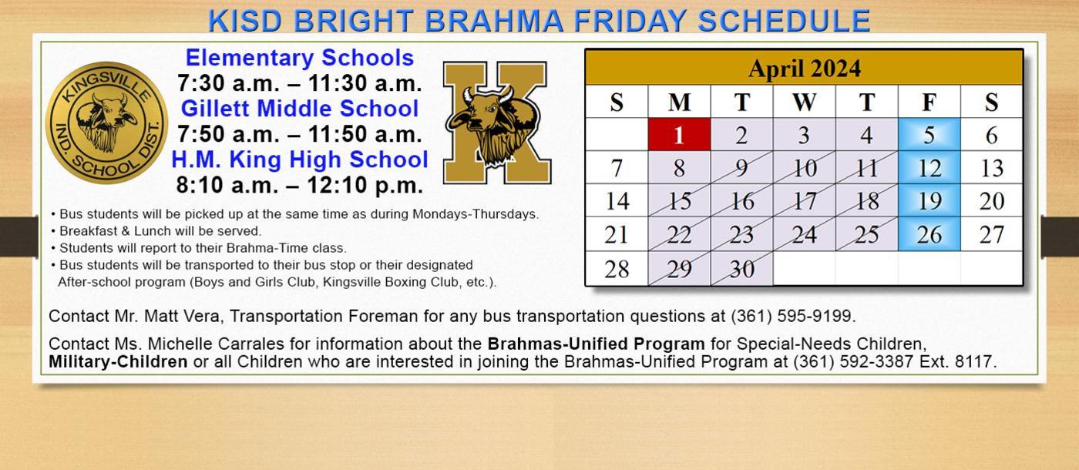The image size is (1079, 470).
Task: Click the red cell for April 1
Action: click(x=678, y=135)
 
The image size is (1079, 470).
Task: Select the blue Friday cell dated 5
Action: click(x=929, y=135)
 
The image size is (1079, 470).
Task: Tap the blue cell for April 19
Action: click(x=929, y=201)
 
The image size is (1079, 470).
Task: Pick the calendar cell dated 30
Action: click(x=741, y=269)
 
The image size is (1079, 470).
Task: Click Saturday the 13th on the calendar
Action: click(x=991, y=168)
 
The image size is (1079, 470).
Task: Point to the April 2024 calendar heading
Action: click(x=804, y=69)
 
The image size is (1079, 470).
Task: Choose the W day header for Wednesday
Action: click(x=804, y=102)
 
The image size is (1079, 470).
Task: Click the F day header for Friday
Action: click(x=929, y=102)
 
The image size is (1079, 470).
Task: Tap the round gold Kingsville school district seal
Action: click(x=106, y=123)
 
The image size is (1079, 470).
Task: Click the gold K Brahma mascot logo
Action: click(x=496, y=123)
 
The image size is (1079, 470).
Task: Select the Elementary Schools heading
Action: click(x=300, y=58)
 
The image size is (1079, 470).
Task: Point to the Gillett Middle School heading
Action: click(x=300, y=109)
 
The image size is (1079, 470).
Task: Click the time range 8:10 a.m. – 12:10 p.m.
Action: click(x=300, y=186)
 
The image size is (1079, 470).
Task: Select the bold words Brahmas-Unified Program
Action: click(x=596, y=344)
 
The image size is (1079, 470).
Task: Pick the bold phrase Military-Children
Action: click(x=118, y=361)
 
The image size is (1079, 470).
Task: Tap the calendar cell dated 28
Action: click(x=616, y=269)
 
